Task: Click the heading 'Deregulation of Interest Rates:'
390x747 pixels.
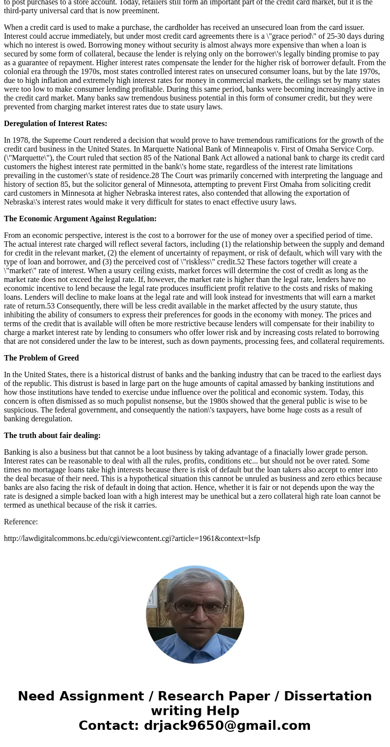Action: pyautogui.click(x=56, y=124)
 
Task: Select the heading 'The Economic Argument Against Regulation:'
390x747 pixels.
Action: pyautogui.click(x=80, y=219)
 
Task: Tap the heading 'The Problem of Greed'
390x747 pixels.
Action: pyautogui.click(x=41, y=358)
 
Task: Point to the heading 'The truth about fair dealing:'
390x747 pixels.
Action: pyautogui.click(x=52, y=436)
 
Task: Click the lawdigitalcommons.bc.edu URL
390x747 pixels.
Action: pyautogui.click(x=132, y=539)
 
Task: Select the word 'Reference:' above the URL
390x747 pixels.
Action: pyautogui.click(x=21, y=522)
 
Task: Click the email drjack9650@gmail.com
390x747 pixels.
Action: pyautogui.click(x=227, y=725)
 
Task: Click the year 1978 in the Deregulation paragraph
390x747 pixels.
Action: pyautogui.click(x=20, y=140)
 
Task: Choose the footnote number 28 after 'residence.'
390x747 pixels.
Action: pyautogui.click(x=155, y=176)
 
